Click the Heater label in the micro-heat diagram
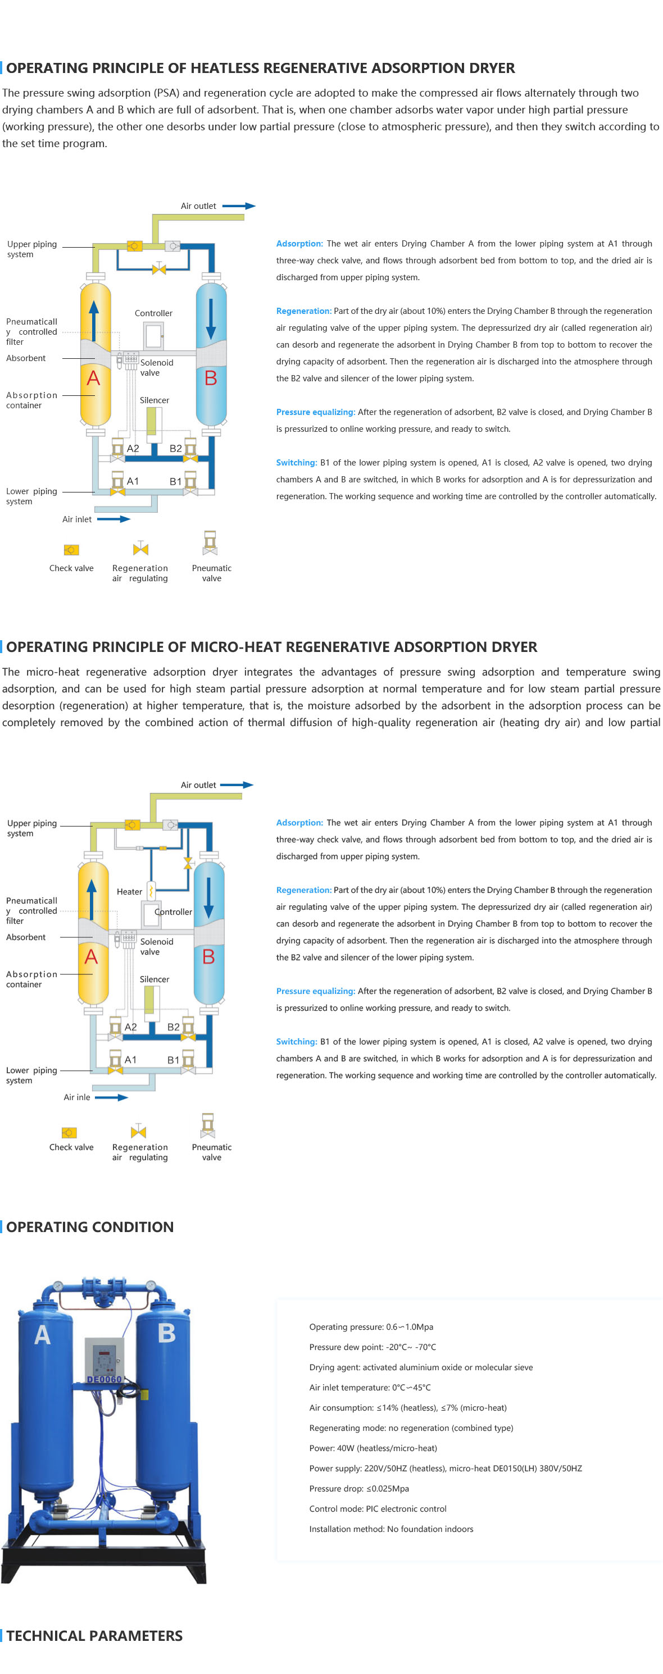tap(129, 892)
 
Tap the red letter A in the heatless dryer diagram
tap(94, 378)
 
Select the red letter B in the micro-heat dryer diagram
tap(208, 956)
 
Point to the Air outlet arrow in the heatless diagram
tap(239, 206)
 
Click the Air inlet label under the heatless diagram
tap(77, 519)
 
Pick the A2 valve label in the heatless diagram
tap(133, 448)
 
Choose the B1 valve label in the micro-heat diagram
tap(174, 1060)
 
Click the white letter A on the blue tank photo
tap(42, 1334)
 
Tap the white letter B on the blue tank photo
tap(166, 1333)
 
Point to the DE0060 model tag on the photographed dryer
tap(104, 1379)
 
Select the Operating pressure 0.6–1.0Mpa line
tap(371, 1327)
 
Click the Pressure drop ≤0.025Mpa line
tap(360, 1488)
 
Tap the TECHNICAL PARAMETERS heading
tap(94, 1636)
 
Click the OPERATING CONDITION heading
tap(90, 1227)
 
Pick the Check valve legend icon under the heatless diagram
tap(71, 550)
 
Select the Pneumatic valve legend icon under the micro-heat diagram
tap(208, 1125)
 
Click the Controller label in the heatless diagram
tap(153, 313)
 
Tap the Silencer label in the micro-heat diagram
tap(154, 979)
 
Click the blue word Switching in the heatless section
tap(297, 463)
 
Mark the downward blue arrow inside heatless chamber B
tap(211, 320)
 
